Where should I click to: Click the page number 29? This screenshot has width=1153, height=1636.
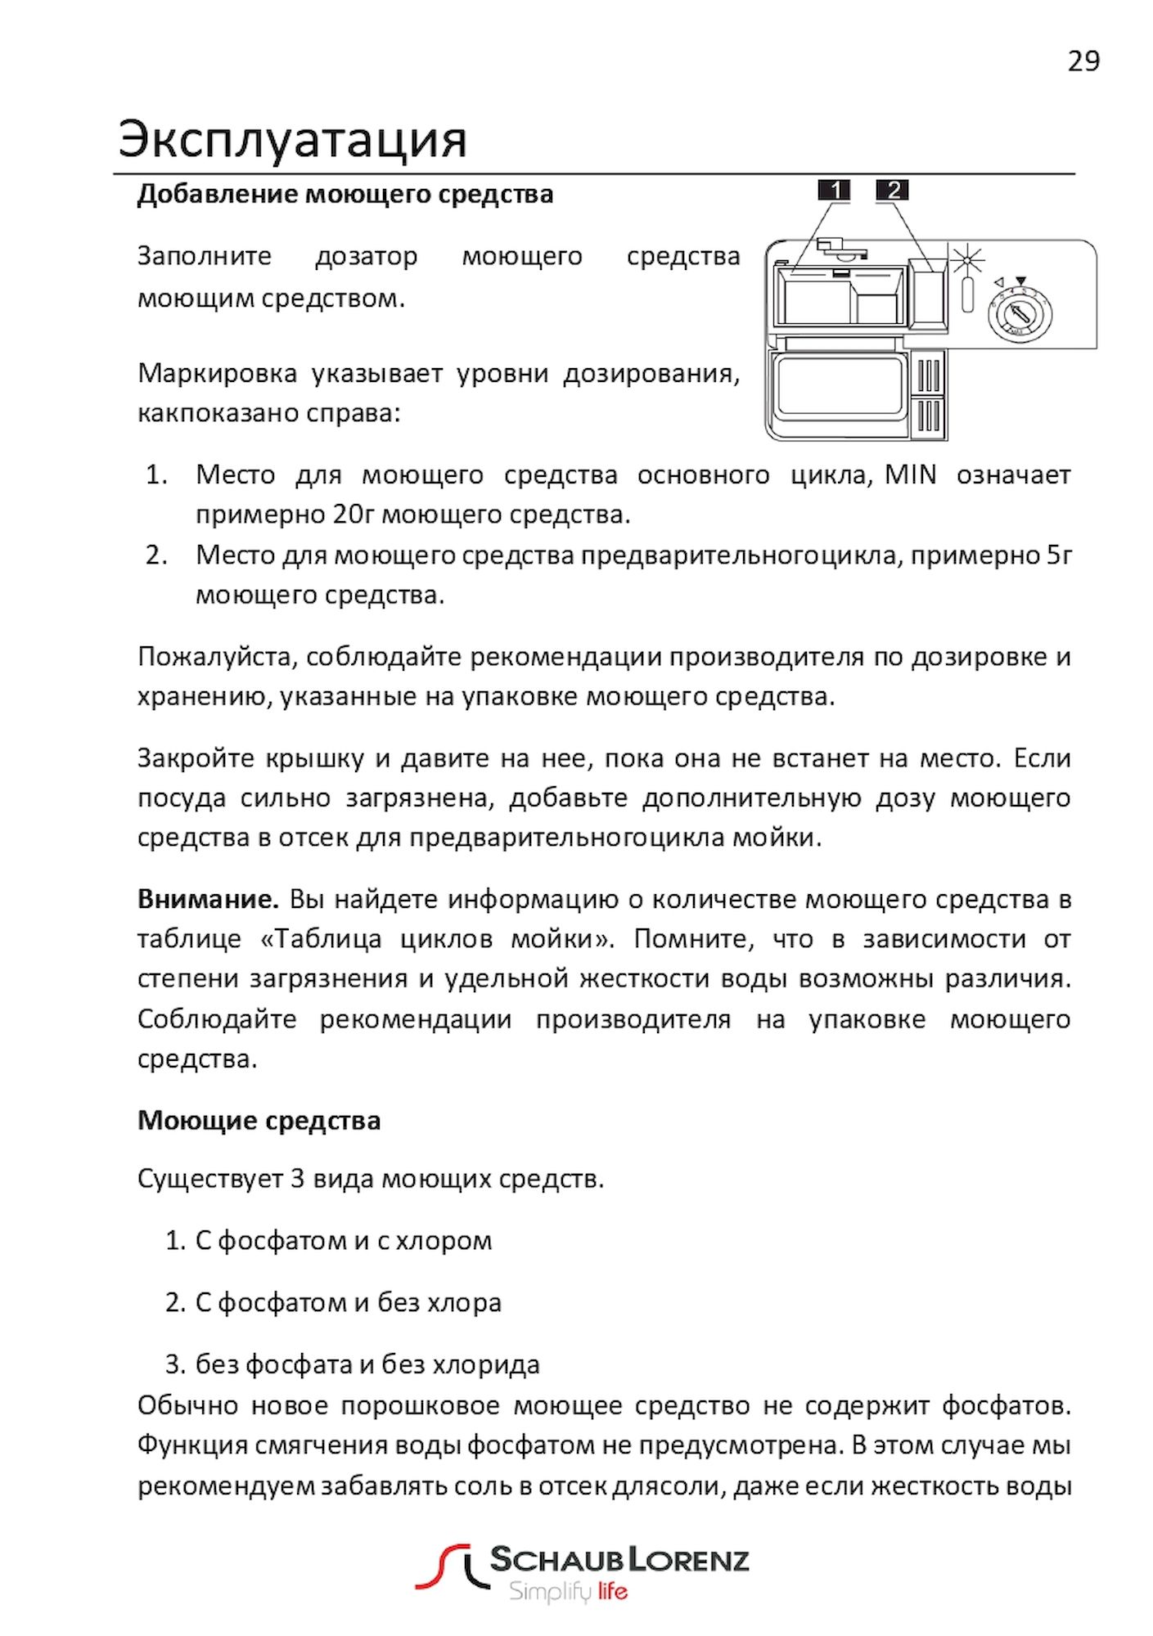(1083, 61)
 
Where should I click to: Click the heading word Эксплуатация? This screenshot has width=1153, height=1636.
(292, 139)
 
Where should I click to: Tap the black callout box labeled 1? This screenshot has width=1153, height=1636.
(834, 191)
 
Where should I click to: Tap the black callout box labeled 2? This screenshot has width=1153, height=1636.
(892, 191)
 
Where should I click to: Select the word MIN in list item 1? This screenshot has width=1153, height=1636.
(910, 474)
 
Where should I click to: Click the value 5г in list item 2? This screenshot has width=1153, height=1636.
(1059, 555)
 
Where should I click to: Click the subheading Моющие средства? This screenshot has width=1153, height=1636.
(259, 1120)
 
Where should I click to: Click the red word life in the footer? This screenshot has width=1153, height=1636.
(612, 1591)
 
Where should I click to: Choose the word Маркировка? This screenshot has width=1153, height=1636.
(217, 373)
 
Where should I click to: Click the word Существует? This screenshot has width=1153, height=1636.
(209, 1179)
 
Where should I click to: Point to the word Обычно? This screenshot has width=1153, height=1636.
(187, 1405)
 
